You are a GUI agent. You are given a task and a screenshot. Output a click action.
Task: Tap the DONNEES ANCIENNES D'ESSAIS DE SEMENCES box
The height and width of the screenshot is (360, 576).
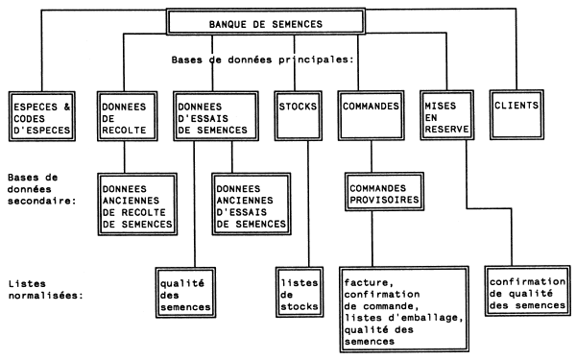pyautogui.click(x=253, y=204)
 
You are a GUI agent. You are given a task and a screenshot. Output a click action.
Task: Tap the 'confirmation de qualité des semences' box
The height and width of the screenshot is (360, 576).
pyautogui.click(x=526, y=292)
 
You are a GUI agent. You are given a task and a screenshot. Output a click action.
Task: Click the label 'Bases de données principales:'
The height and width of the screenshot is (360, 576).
pyautogui.click(x=263, y=58)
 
